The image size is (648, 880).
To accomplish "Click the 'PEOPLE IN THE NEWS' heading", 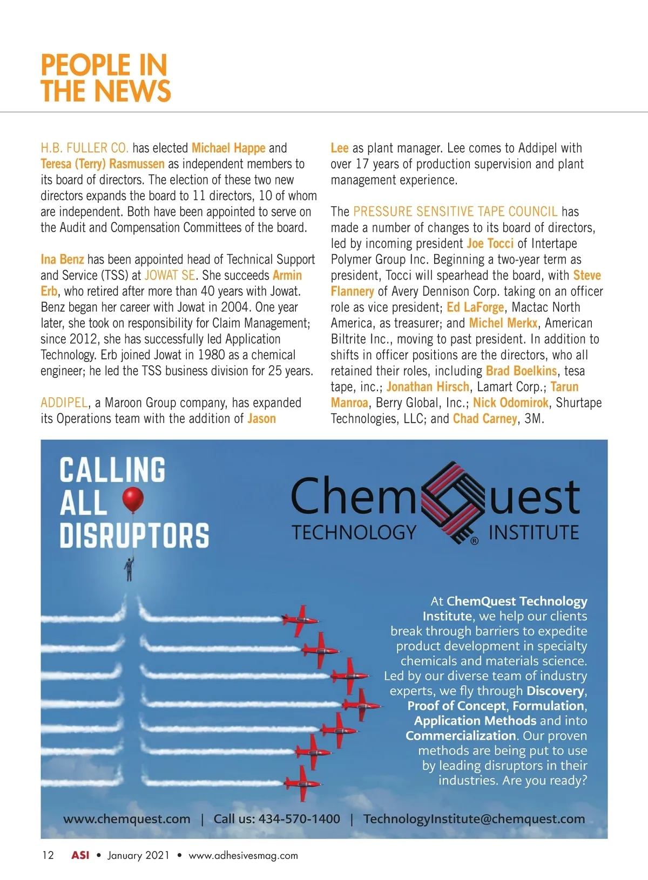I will pos(106,78).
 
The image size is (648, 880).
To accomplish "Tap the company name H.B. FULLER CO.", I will pos(85,148).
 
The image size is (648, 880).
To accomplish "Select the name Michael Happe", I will pos(228,148).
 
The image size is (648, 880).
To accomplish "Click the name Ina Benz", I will pos(62,260).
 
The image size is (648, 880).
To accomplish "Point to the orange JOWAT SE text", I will pos(170,275).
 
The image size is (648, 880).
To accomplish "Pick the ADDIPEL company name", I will pos(64,403).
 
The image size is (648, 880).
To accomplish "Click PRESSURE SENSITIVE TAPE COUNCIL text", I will pos(455,212).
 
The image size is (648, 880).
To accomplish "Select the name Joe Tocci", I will pos(490,243).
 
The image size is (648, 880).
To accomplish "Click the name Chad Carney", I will pos(484,419).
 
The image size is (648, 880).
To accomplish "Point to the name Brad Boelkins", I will pos(521,371).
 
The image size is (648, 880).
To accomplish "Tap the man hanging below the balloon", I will pos(129,569).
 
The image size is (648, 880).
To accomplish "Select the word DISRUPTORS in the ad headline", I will pos(134,535).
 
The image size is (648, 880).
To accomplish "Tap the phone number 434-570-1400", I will pos(299,818).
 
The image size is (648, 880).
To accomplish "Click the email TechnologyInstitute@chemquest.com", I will pos(474,818).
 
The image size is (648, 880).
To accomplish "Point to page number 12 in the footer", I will pos(48,855).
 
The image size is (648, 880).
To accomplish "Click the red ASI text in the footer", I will pos(80,855).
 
